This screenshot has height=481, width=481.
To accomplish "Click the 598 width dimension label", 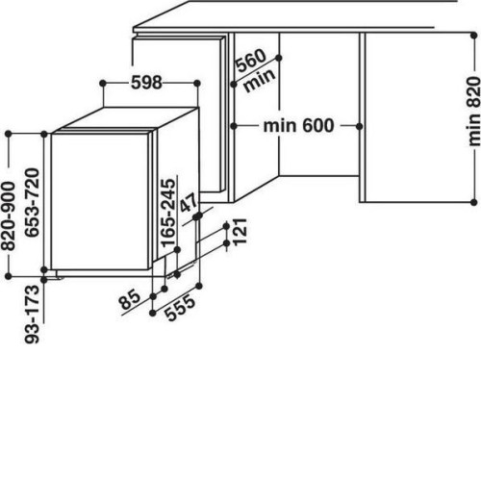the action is coord(146,83).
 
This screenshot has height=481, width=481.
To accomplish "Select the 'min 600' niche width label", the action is coord(298,126).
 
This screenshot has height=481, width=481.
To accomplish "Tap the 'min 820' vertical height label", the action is coord(474,112).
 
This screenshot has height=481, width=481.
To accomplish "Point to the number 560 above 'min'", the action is coord(251,61).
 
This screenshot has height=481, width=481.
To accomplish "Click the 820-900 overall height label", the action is coord(8,215).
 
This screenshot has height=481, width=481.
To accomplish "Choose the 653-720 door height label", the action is coord(32,202).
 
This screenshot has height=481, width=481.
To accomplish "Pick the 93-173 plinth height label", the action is coord(32,315).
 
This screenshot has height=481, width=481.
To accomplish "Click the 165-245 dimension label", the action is coord(168,214).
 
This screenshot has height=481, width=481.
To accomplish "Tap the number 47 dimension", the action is coord(189,203).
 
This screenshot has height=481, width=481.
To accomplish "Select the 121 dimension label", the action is coord(240,232).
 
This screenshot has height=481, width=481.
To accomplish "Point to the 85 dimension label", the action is coord(130,299).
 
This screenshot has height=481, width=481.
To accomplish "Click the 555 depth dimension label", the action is coord(181,308).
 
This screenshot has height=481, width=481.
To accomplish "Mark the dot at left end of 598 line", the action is coord(103,84).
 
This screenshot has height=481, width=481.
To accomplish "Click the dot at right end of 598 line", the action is coord(197,84).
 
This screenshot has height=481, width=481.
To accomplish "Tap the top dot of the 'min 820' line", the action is coord(474,36).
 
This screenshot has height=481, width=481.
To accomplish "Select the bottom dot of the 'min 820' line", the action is coord(474,202).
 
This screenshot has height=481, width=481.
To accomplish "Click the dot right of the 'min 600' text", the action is coord(359,126).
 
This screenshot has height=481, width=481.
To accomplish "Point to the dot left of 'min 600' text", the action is coord(234,126).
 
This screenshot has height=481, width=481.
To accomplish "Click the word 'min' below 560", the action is coord(259,80).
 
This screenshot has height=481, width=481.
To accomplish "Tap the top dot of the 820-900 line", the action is coord(9,134).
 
